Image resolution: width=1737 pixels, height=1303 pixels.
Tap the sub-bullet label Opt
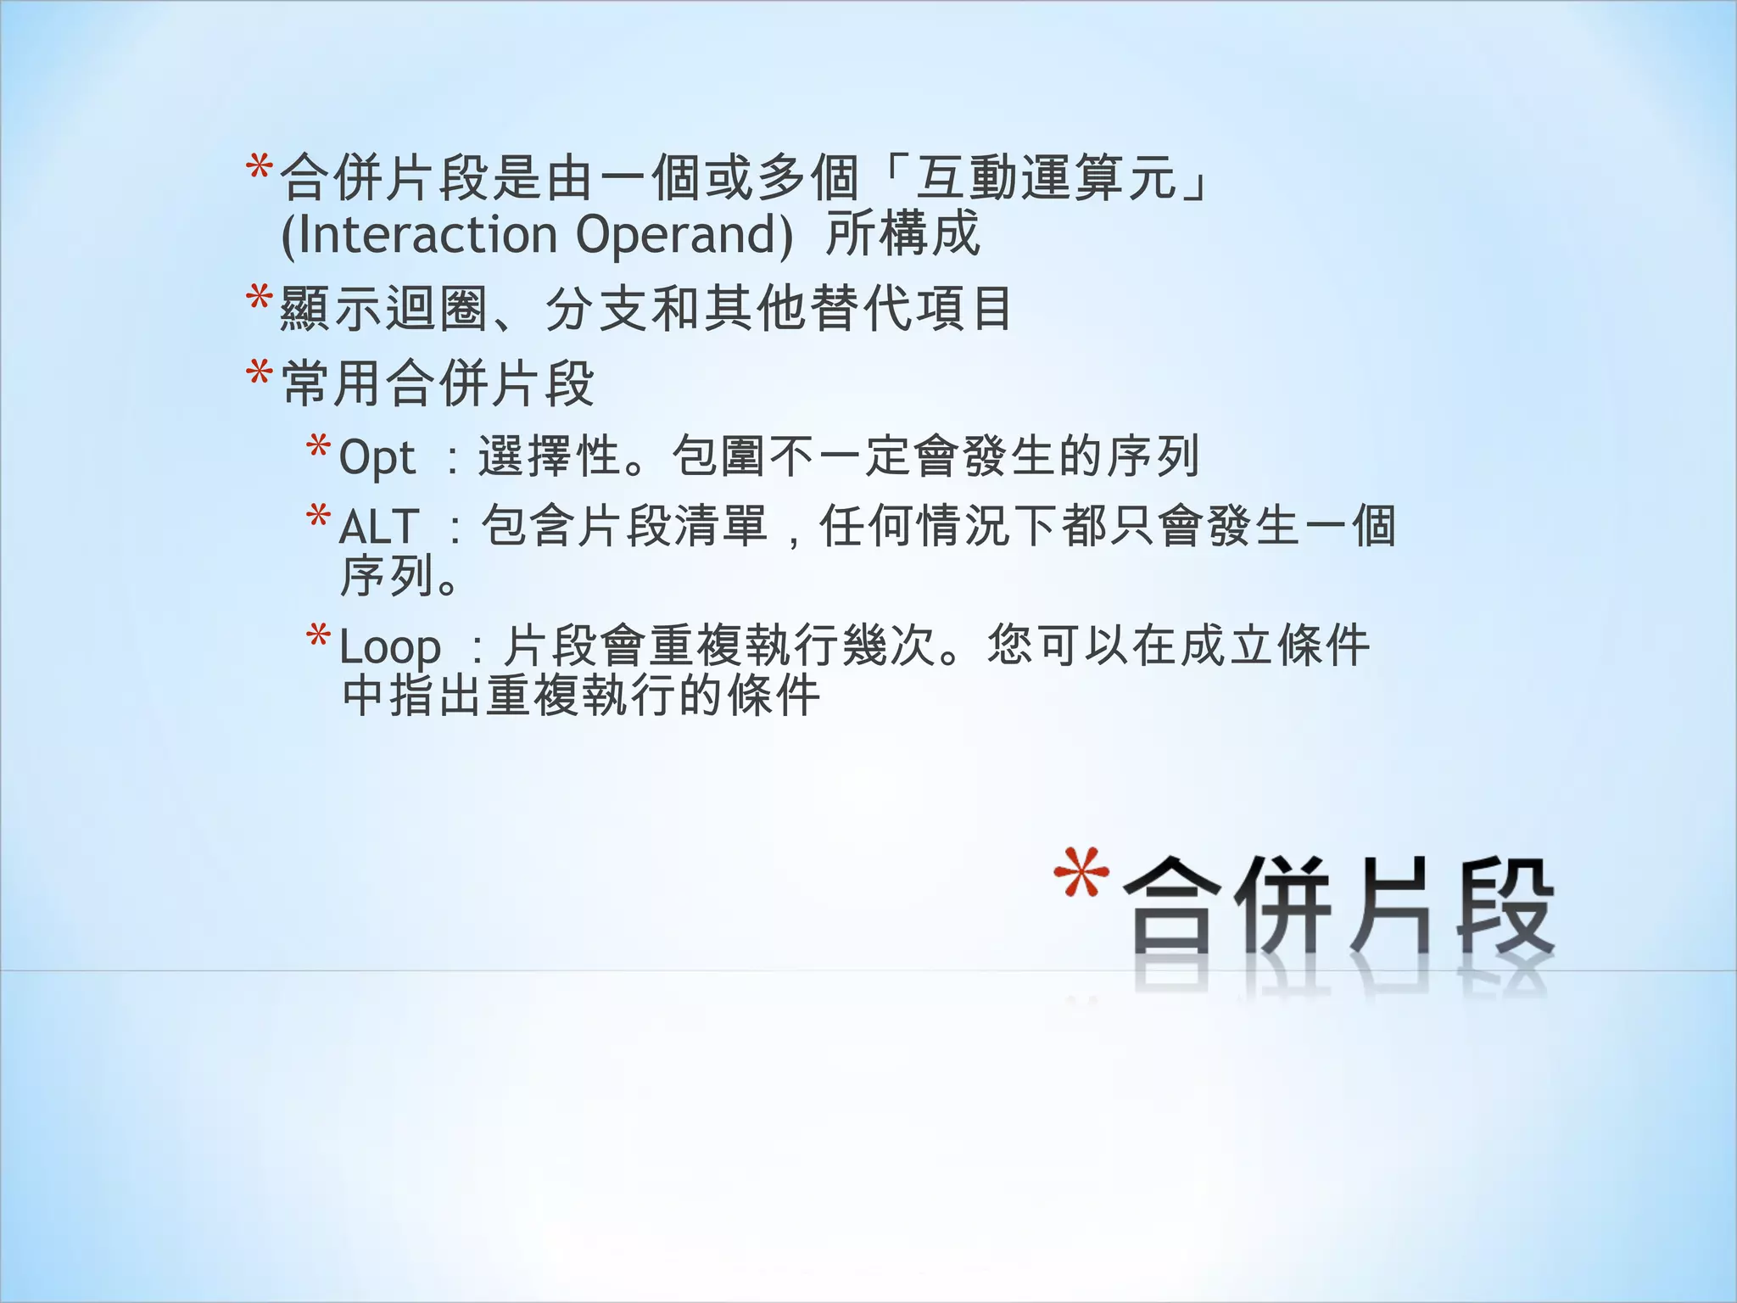377,459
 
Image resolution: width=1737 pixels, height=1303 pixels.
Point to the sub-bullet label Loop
390,648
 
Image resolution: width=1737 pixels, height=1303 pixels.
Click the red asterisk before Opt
318,447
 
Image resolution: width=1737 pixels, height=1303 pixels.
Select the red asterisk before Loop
318,637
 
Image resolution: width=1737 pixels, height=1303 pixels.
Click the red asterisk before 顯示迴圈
259,299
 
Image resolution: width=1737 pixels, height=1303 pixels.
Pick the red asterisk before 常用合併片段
259,373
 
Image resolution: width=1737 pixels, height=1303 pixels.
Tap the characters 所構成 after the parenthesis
902,235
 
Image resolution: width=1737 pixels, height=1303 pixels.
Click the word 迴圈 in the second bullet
438,309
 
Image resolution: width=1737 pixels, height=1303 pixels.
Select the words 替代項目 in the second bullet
912,309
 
